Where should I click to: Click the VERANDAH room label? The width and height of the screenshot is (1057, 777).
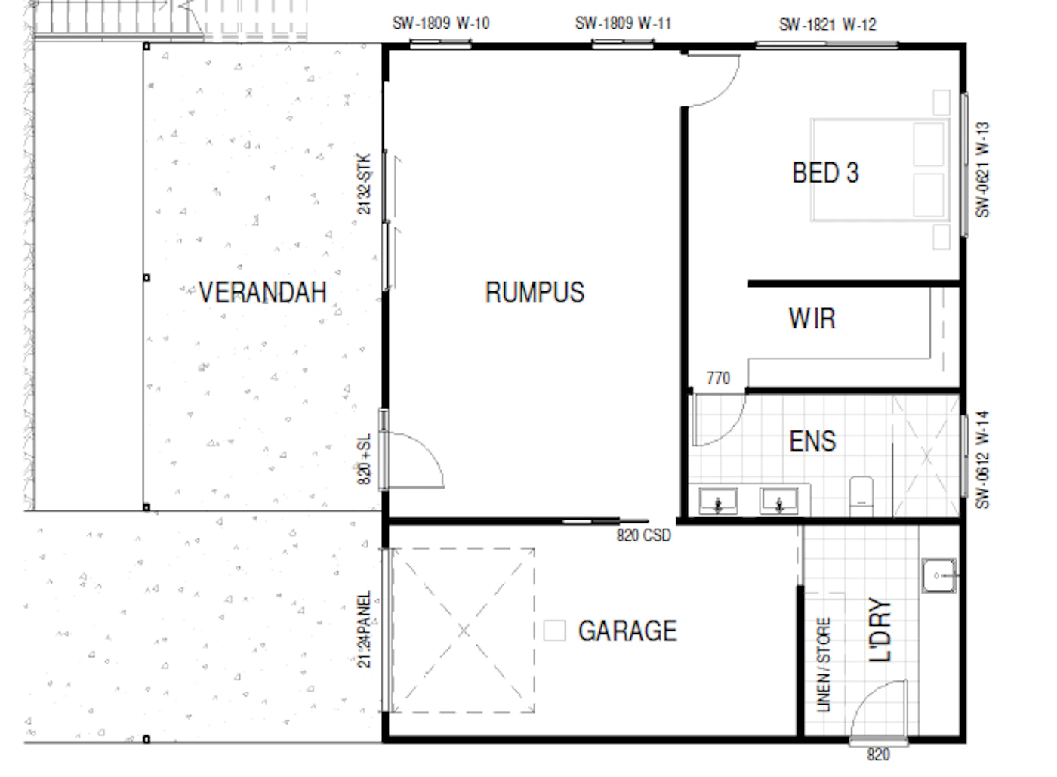point(263,292)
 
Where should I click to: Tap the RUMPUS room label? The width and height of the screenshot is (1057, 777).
point(535,292)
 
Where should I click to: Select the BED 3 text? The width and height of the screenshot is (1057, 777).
point(825,173)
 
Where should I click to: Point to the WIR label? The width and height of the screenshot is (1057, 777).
point(812,319)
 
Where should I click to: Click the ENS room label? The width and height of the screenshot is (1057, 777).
point(812,442)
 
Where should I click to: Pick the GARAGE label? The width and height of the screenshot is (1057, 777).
point(627,631)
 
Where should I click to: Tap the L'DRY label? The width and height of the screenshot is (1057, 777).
point(880,630)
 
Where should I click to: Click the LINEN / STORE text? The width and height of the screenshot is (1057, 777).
point(824,664)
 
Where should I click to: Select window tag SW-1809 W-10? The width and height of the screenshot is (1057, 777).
point(441,23)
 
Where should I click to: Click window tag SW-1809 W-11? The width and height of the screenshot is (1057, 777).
point(623,23)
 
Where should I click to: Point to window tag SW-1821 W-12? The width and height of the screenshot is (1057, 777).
point(827,25)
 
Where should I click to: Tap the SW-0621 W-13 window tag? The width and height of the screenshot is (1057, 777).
point(982,170)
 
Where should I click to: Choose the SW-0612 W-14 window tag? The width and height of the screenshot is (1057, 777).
point(982,460)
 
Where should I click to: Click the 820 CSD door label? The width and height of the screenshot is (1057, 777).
point(643,535)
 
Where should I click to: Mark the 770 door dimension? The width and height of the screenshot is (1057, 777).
point(718,378)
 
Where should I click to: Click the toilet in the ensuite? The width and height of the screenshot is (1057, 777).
point(861,497)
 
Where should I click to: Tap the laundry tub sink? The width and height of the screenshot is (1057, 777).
point(939,575)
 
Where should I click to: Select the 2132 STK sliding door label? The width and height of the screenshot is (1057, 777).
point(364,183)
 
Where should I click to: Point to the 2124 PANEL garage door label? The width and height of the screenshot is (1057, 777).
point(364,629)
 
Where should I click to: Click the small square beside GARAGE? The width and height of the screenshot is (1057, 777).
point(554,631)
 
